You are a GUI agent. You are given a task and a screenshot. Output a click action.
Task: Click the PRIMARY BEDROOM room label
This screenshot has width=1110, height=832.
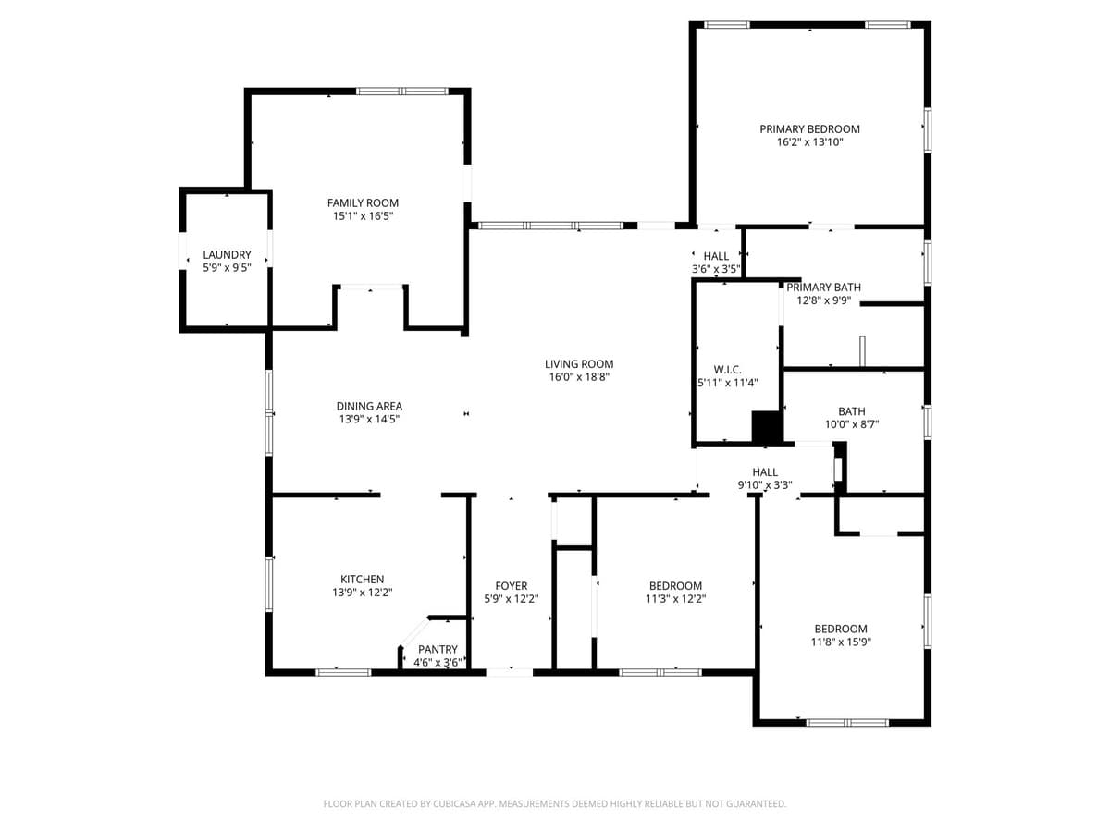[809, 129]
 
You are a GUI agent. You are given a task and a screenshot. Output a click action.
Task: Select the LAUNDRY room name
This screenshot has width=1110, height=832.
[227, 255]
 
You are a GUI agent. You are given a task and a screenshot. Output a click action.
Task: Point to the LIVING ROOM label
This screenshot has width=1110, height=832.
[579, 364]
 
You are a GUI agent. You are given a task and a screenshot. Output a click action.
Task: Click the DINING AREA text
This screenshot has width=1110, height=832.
[368, 406]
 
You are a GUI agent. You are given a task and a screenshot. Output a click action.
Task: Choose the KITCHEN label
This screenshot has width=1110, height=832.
[362, 580]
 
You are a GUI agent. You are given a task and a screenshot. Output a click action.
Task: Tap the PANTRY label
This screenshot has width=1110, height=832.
[438, 650]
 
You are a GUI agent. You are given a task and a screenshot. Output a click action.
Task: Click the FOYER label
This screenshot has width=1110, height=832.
[512, 586]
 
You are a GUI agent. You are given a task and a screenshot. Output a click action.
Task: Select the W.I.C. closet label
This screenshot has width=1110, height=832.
[728, 370]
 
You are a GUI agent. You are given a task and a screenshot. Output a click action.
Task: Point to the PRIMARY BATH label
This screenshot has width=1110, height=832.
[823, 288]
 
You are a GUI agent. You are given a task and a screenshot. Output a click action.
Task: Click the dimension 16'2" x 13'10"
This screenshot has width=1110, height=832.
[809, 143]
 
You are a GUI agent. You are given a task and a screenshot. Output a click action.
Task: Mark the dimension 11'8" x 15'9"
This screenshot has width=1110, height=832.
[841, 642]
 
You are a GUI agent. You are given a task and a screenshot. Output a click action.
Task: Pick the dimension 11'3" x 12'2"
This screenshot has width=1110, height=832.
[675, 599]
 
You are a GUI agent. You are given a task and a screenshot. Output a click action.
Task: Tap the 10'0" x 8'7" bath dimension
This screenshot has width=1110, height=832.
[851, 425]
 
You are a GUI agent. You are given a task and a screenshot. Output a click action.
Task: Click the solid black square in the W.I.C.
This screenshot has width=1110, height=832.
[767, 428]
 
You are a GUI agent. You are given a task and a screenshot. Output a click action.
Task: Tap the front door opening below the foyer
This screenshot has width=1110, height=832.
[510, 671]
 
